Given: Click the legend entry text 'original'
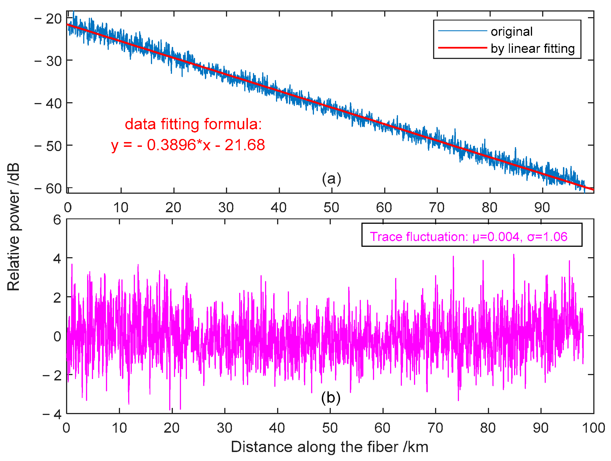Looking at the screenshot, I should [x=511, y=31].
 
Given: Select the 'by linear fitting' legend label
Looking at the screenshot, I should [x=533, y=48].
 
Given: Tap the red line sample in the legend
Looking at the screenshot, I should [x=462, y=48].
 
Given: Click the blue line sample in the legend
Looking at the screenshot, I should [x=462, y=31].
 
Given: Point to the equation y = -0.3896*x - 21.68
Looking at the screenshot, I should [x=188, y=145].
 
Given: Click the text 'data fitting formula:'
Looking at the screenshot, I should [x=193, y=124].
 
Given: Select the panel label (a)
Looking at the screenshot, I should [x=331, y=179].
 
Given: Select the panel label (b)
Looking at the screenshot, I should [x=331, y=397].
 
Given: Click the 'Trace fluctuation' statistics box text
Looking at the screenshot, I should [x=468, y=237].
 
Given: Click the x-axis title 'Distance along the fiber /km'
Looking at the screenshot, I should [x=329, y=447].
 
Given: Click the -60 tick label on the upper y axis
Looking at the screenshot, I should [x=48, y=189].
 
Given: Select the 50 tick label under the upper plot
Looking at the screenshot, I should [x=331, y=208].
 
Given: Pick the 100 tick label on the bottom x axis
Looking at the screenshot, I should [x=593, y=428].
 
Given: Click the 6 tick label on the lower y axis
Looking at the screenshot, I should [x=57, y=220].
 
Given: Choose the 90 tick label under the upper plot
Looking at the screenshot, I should [x=542, y=208].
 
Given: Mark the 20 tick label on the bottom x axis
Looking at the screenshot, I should [x=171, y=428].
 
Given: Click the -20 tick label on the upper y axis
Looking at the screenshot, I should [x=48, y=19].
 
